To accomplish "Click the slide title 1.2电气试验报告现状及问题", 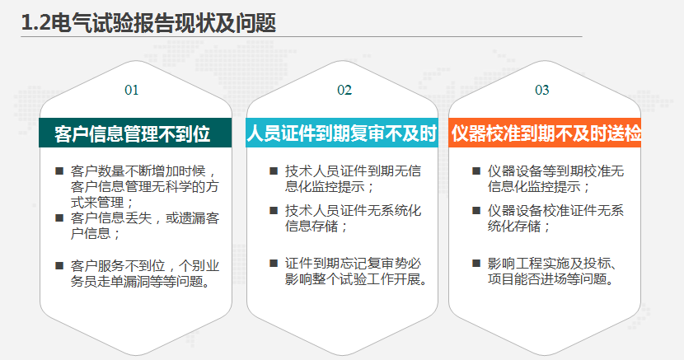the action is pyautogui.click(x=149, y=22).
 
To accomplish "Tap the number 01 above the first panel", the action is pyautogui.click(x=131, y=91).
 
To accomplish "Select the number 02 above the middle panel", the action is pyautogui.click(x=344, y=91).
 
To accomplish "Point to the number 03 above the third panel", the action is pyautogui.click(x=541, y=91).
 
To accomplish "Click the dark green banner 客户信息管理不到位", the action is pyautogui.click(x=135, y=133).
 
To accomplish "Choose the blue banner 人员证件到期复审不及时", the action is pyautogui.click(x=341, y=133).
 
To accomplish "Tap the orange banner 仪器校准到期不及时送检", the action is pyautogui.click(x=545, y=133).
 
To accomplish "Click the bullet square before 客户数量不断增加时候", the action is pyautogui.click(x=59, y=171).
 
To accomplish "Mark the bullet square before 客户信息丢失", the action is pyautogui.click(x=59, y=217).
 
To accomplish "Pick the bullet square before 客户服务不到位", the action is pyautogui.click(x=59, y=265).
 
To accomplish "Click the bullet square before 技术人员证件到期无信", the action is pyautogui.click(x=274, y=171).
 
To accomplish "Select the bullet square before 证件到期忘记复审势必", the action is pyautogui.click(x=274, y=263).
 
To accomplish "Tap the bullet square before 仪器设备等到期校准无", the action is pyautogui.click(x=476, y=171).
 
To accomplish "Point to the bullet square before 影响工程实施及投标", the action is pyautogui.click(x=476, y=263).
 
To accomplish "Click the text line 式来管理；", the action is pyautogui.click(x=103, y=202).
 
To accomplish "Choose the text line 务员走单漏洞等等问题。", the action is pyautogui.click(x=141, y=281).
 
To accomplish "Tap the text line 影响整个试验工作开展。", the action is pyautogui.click(x=356, y=278).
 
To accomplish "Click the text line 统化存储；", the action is pyautogui.click(x=519, y=227).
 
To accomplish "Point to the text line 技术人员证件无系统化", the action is pyautogui.click(x=354, y=211).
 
